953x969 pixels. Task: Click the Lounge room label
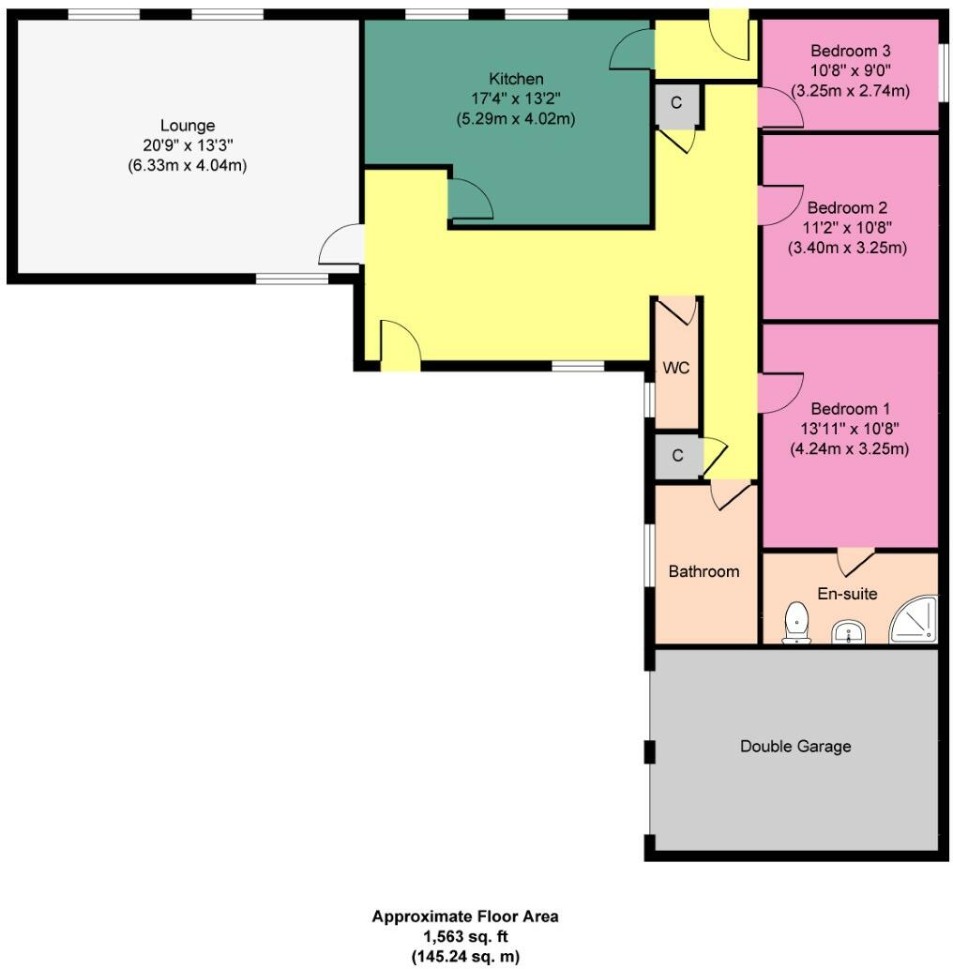(187, 126)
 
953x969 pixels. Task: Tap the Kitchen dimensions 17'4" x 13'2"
(515, 98)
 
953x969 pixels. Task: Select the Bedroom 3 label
(850, 51)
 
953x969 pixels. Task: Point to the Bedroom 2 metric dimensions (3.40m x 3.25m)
(848, 249)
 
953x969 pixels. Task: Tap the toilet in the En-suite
(797, 623)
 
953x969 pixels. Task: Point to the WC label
(676, 368)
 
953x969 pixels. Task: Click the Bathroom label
(703, 571)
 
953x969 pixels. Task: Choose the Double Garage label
(795, 747)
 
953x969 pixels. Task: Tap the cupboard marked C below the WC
(675, 457)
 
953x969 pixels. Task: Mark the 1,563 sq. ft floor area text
(465, 936)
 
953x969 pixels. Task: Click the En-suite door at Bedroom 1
(855, 561)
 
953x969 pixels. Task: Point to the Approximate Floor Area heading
(465, 916)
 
